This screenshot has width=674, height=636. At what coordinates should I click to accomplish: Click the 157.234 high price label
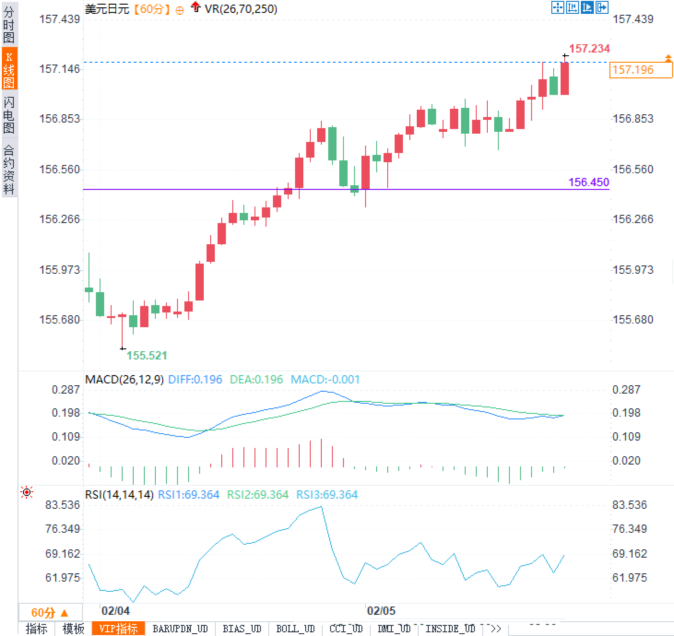pos(589,48)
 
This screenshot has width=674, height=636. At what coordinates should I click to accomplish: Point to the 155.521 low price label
pos(147,355)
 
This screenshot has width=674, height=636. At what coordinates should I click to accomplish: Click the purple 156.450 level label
pos(589,182)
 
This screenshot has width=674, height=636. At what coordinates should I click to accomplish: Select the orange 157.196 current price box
pos(640,70)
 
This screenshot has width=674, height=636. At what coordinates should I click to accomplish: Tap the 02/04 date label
pos(115,611)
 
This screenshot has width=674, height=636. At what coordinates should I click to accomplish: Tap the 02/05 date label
pos(381,611)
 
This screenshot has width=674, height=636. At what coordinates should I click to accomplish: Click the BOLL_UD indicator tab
pos(295,629)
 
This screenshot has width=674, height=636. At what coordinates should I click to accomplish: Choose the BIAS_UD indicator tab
pos(242,629)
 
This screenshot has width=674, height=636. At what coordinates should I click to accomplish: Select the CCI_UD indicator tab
pos(346,629)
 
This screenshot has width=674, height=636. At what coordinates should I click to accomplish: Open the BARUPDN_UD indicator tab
pos(180,629)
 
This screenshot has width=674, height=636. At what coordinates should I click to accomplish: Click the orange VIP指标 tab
pos(118,629)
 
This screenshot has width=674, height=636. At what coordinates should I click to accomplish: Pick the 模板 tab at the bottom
pos(73,629)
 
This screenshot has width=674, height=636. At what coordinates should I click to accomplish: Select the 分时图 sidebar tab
pos(9,25)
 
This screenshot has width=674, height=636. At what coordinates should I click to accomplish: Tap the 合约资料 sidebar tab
pos(9,169)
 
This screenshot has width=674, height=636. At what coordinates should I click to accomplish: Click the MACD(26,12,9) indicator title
pos(124,379)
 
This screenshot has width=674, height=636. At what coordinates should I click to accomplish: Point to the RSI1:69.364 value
pos(189,495)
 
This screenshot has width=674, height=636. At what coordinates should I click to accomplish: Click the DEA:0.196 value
pos(256,379)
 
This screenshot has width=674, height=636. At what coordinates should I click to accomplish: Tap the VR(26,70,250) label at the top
pos(241,9)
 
